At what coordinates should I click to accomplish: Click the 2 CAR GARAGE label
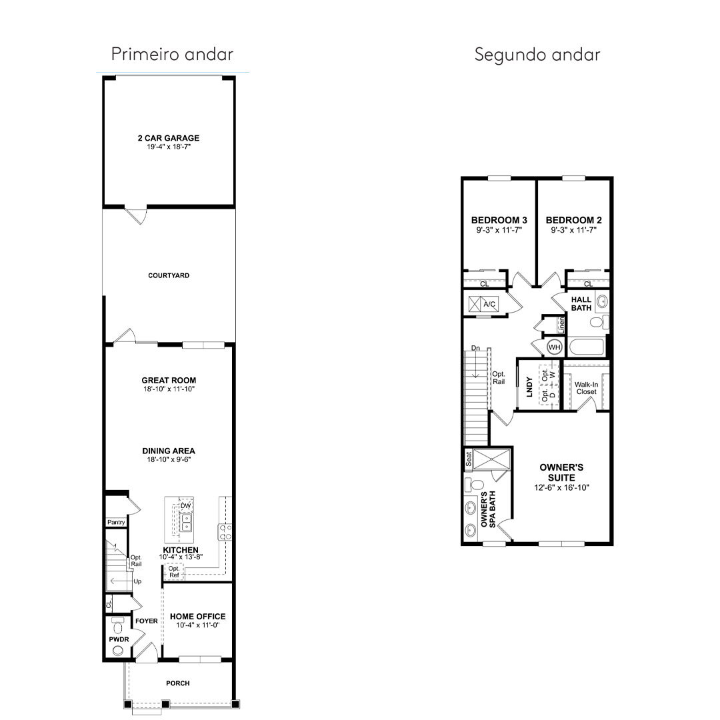coord(169,138)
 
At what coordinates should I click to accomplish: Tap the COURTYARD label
coord(169,275)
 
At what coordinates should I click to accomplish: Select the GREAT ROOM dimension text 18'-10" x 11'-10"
coord(169,389)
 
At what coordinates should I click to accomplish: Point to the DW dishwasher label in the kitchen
coord(185,505)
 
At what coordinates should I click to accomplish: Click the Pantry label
coord(116,522)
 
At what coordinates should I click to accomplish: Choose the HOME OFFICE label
coord(198,616)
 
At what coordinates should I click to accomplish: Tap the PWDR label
coord(119,639)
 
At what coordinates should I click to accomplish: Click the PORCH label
coord(178,683)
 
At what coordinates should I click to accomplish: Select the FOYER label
coord(147,621)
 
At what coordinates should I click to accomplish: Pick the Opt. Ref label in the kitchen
coord(174,572)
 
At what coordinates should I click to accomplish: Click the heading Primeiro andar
coord(172,54)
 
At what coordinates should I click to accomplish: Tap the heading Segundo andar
coord(537,55)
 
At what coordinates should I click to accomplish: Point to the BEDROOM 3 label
coord(499,220)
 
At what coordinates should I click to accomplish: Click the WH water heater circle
coord(554,347)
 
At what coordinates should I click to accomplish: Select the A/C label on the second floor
coord(489,304)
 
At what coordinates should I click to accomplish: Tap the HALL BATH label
coord(581,303)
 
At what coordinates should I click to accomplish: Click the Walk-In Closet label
coord(587,388)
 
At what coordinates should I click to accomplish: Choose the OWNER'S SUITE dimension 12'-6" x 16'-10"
coord(561,487)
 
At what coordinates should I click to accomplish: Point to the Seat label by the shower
coord(469,459)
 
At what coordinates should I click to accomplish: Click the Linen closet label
coord(561,325)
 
